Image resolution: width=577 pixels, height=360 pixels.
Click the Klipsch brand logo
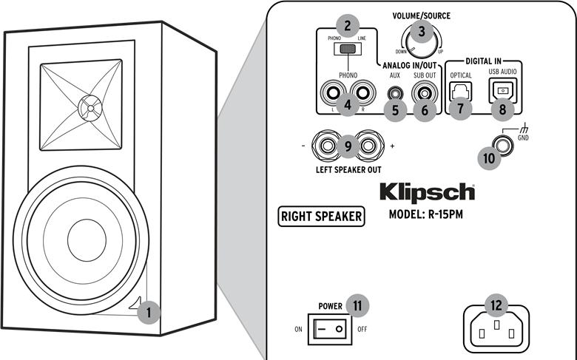coord(427,192)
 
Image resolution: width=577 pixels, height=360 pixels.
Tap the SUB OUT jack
coord(425,93)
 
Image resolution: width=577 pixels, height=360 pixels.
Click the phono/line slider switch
coord(346,50)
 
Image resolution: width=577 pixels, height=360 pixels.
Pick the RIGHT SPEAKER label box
coord(322,217)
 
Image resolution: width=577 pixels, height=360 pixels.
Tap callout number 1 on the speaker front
coord(149,312)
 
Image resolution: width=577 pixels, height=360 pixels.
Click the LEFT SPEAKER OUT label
coord(348,169)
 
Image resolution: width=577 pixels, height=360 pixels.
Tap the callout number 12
coord(496,304)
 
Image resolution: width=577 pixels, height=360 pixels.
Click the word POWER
coord(331,305)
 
